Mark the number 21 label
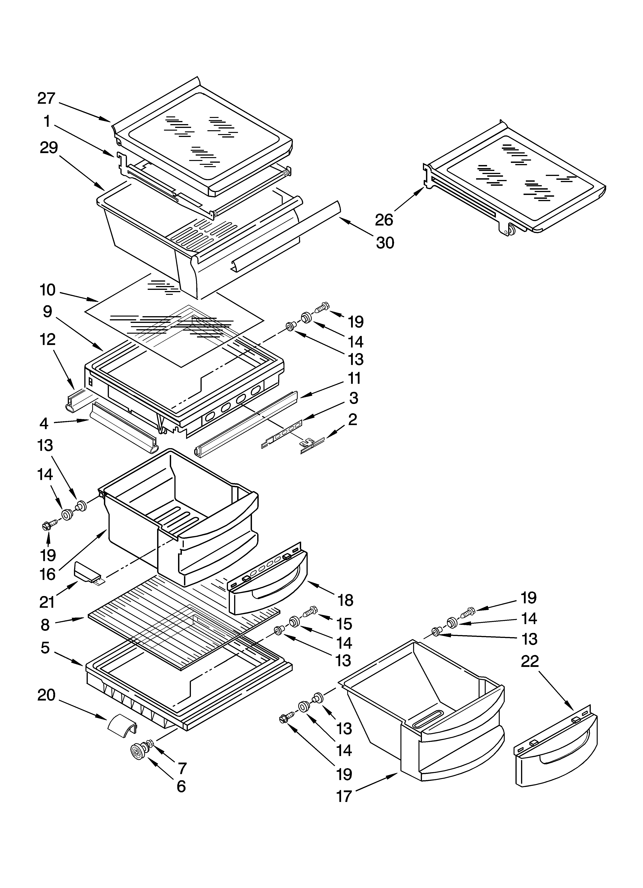47,602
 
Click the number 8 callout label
46,624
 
